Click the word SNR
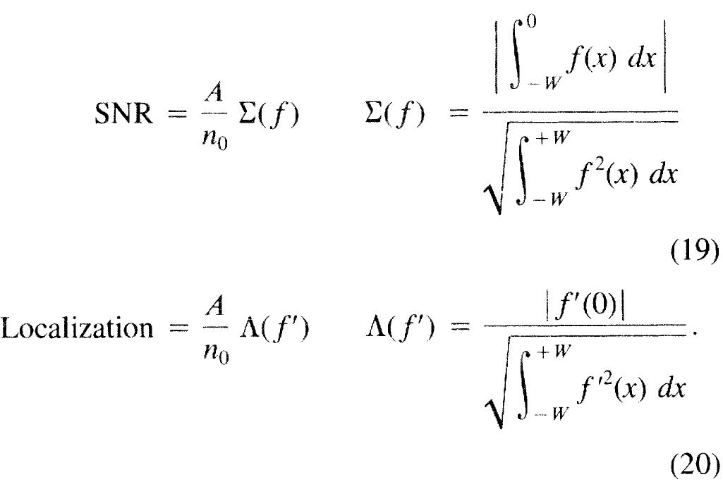[x=123, y=113]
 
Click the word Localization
[x=77, y=328]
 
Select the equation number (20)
[x=694, y=466]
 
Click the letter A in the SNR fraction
[x=214, y=94]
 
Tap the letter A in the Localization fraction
[x=214, y=307]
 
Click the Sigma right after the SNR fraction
[x=248, y=113]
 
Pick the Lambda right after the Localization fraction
[x=248, y=328]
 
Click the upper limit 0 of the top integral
[x=532, y=22]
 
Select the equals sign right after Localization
[x=178, y=328]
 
